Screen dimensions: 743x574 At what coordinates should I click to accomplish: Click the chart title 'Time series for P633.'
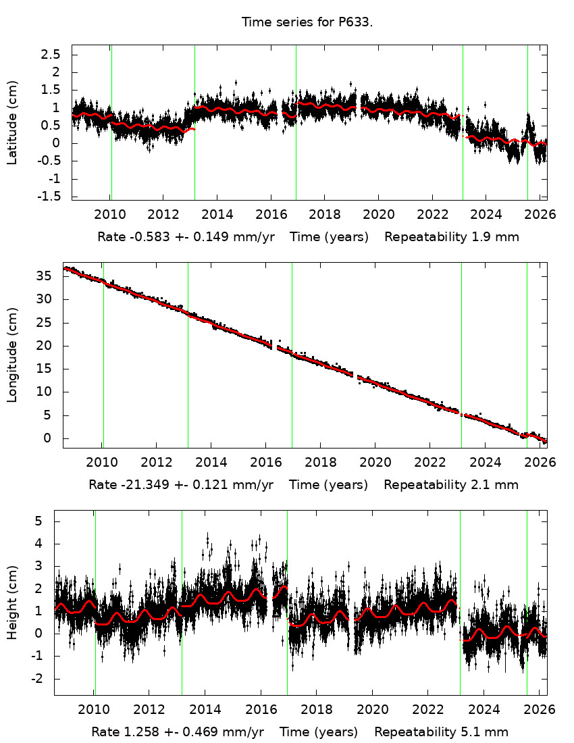pyautogui.click(x=307, y=22)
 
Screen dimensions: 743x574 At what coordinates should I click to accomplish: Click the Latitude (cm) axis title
pyautogui.click(x=12, y=122)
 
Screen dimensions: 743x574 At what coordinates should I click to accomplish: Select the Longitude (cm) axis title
pyautogui.click(x=12, y=355)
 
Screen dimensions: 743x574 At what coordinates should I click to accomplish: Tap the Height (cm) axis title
pyautogui.click(x=12, y=603)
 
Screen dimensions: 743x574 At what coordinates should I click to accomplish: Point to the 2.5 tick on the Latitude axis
pyautogui.click(x=51, y=54)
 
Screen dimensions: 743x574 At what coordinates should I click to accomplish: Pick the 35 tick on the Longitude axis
pyautogui.click(x=44, y=276)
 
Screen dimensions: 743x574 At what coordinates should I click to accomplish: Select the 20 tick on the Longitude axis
pyautogui.click(x=44, y=346)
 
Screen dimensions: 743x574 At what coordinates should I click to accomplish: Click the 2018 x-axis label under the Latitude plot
pyautogui.click(x=323, y=216)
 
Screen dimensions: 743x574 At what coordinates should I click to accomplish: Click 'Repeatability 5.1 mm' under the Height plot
pyautogui.click(x=441, y=732)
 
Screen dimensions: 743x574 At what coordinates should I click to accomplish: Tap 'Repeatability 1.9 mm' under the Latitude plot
pyautogui.click(x=452, y=237)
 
